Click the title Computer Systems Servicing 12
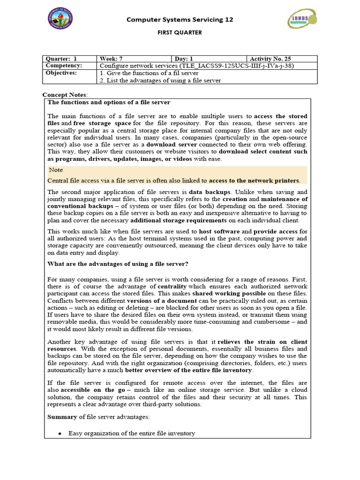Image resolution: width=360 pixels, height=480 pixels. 180,20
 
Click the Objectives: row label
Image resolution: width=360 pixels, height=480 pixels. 61,73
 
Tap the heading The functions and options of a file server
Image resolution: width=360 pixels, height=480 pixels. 109,102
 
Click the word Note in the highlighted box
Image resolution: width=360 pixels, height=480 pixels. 56,170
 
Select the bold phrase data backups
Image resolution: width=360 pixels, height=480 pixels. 209,192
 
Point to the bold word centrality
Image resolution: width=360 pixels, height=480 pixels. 172,286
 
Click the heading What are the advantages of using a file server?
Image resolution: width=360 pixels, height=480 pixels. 118,264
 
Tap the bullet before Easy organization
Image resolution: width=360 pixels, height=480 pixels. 60,434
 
